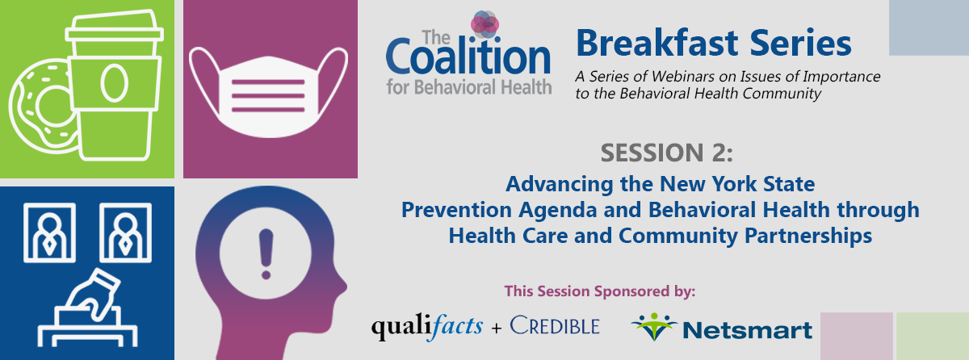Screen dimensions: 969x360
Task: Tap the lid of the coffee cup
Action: coord(114,27)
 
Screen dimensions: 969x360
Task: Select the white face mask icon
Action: coord(268,93)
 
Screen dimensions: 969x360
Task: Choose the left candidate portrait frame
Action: coord(49,232)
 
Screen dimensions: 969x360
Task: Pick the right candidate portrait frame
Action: coord(125,232)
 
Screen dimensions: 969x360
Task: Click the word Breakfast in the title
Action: coord(657,44)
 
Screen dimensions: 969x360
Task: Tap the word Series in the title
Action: coord(801,44)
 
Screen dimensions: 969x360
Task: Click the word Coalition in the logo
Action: coord(468,57)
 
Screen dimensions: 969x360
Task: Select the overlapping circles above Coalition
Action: coord(485,24)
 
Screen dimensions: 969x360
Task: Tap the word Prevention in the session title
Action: coord(457,210)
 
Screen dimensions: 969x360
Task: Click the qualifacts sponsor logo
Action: coord(427,327)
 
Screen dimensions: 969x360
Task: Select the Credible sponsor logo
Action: coord(555,325)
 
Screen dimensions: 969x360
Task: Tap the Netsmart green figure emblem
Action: coord(653,326)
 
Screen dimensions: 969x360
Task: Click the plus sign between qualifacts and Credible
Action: coord(497,328)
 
